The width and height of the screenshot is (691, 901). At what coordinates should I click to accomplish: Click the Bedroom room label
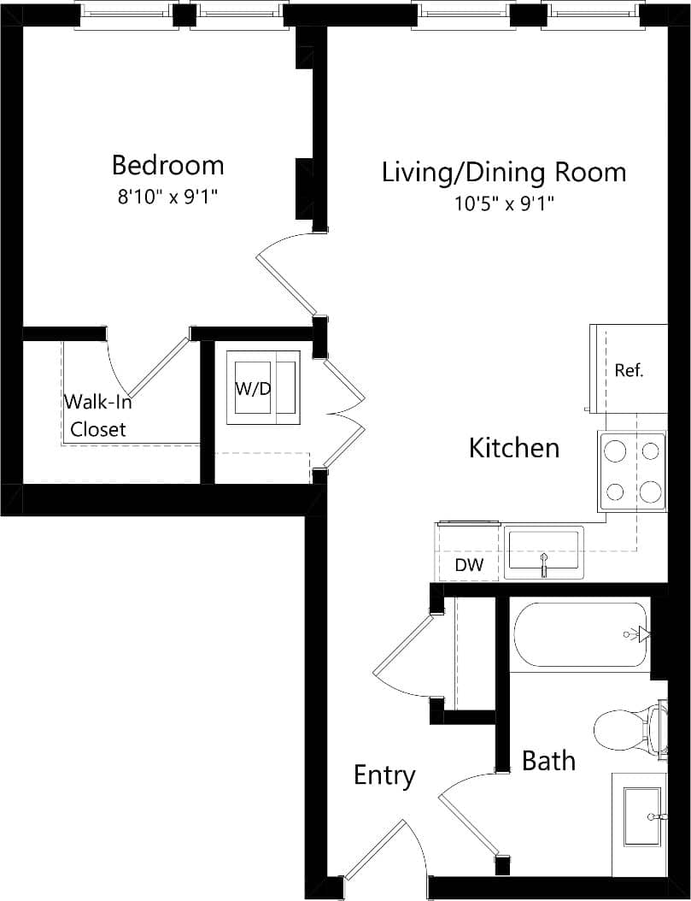[168, 164]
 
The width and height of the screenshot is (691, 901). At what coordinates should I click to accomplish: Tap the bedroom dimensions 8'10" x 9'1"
[168, 197]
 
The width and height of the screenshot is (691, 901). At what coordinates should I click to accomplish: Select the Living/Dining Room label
[503, 172]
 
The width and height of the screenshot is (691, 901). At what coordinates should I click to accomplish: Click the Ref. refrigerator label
[629, 371]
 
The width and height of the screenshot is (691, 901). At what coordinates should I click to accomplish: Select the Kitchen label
[514, 447]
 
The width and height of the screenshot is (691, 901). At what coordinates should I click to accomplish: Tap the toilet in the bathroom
[628, 729]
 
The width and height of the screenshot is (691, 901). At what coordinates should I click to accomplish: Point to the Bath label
[548, 760]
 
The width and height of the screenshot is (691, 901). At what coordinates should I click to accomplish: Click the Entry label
[384, 775]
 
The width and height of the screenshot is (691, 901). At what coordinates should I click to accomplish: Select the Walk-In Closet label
[97, 415]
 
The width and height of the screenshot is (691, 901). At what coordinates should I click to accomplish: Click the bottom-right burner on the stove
[651, 491]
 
